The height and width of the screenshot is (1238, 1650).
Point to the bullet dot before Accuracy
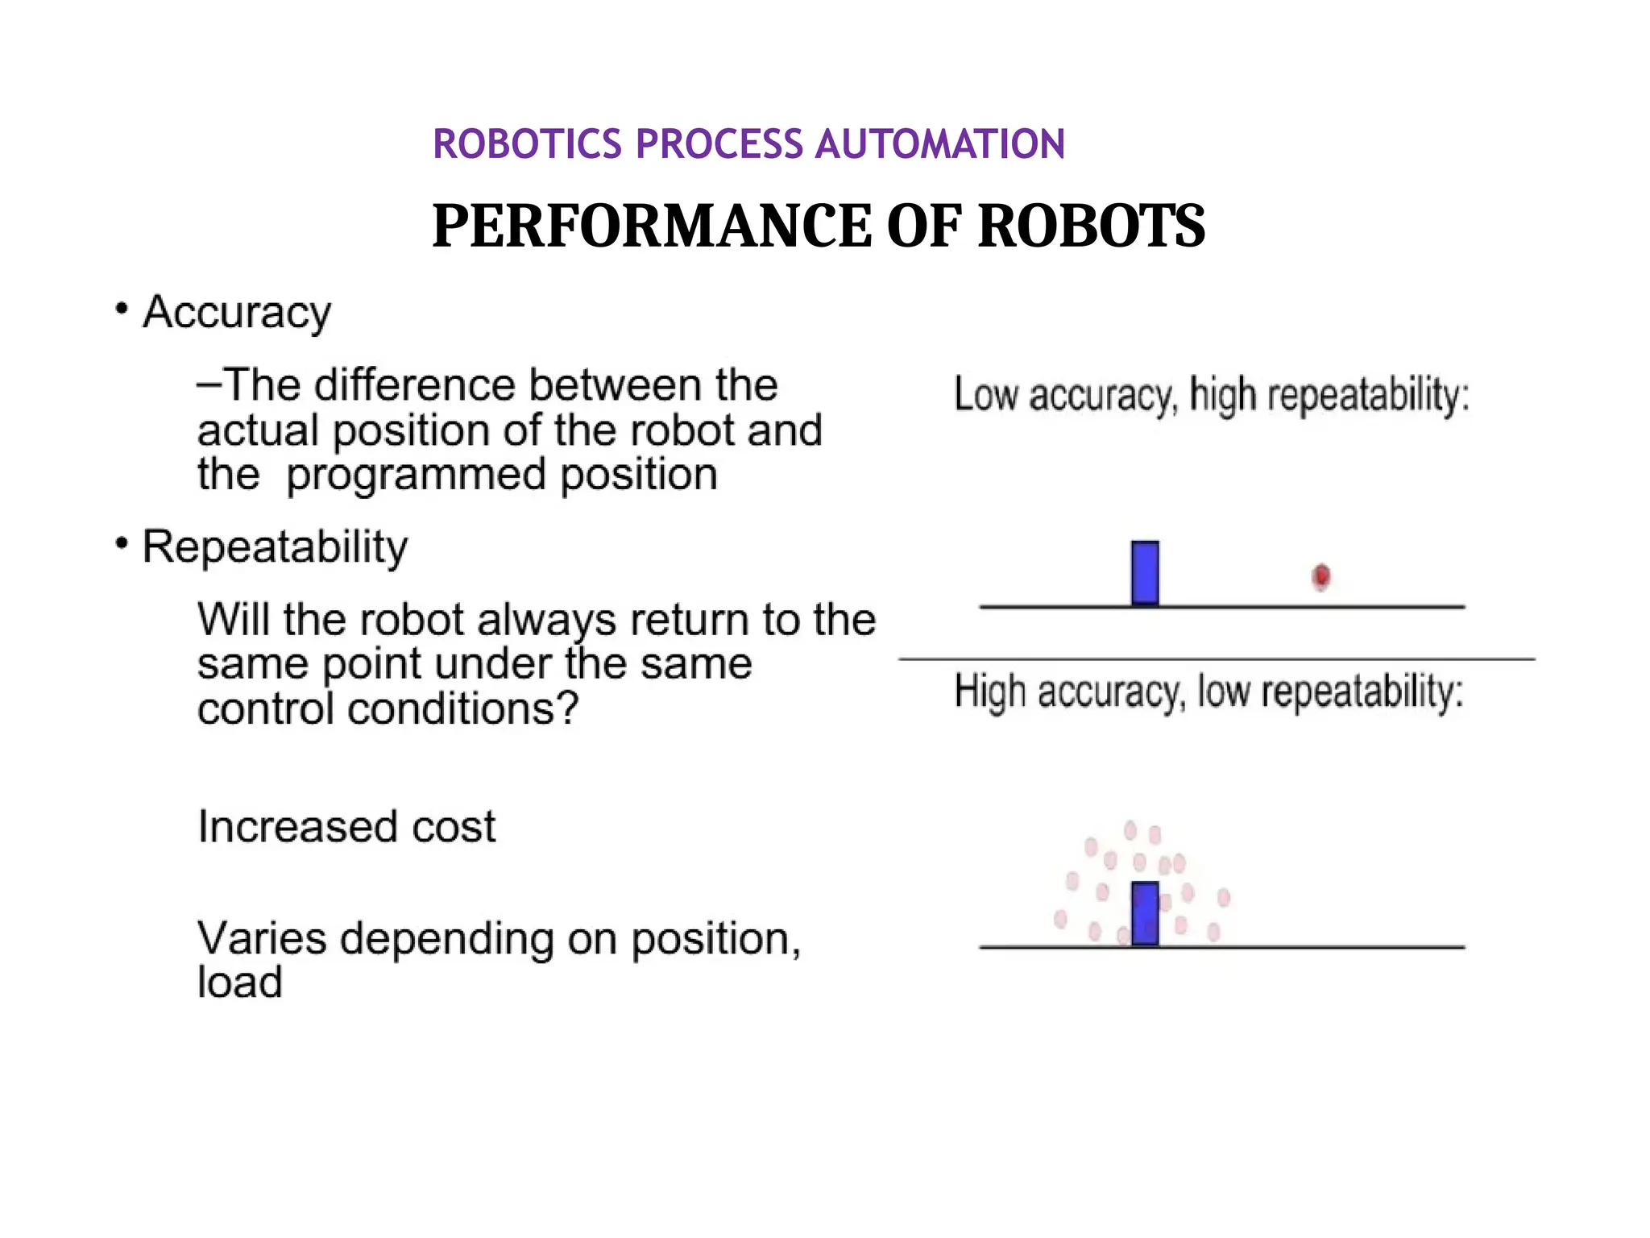(x=122, y=309)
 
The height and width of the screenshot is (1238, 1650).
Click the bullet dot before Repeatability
(x=122, y=544)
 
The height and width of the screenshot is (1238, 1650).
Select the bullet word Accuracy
(x=237, y=313)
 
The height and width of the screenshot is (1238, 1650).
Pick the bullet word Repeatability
(x=275, y=548)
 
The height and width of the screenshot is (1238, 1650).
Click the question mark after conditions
(x=569, y=708)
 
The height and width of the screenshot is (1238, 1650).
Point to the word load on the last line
(x=240, y=983)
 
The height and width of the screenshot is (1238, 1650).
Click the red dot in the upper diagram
(x=1321, y=576)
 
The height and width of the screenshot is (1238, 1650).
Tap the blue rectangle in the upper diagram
(x=1145, y=573)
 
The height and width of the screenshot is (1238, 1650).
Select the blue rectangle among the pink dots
(x=1145, y=913)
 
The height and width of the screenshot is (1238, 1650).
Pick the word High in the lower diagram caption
(x=990, y=692)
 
